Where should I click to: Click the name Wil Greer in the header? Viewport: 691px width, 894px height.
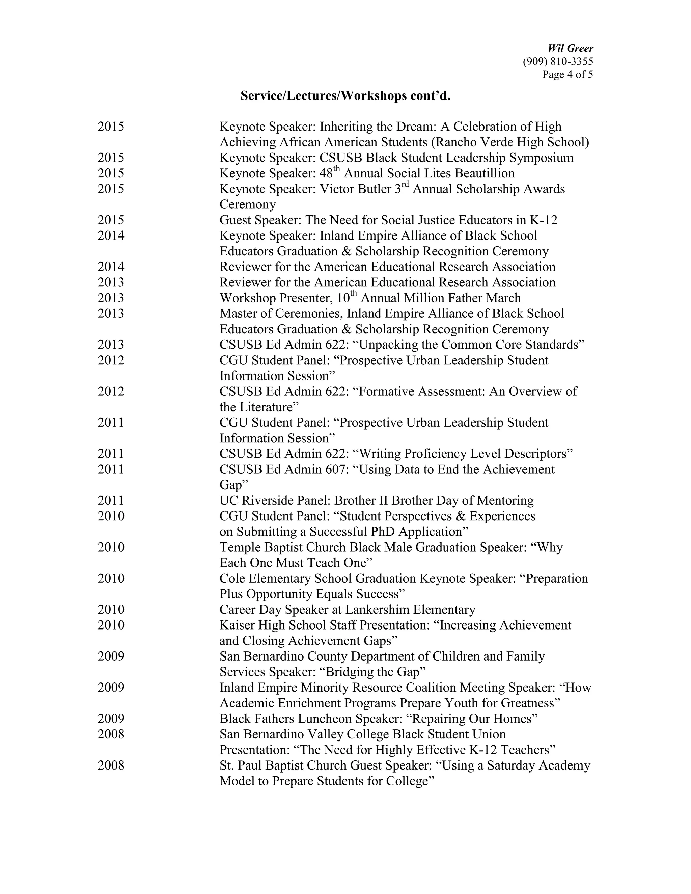tap(570, 48)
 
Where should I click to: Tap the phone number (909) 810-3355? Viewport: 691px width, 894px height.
tap(557, 61)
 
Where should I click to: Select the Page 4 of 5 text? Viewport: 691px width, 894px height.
tap(568, 75)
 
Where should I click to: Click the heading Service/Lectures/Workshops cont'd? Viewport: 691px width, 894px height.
tap(345, 96)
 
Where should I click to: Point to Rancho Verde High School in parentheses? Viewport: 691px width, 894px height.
tap(512, 142)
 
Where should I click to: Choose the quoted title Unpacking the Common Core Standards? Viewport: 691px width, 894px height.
tap(471, 345)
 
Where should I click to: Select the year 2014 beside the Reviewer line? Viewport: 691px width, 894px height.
tap(111, 267)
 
